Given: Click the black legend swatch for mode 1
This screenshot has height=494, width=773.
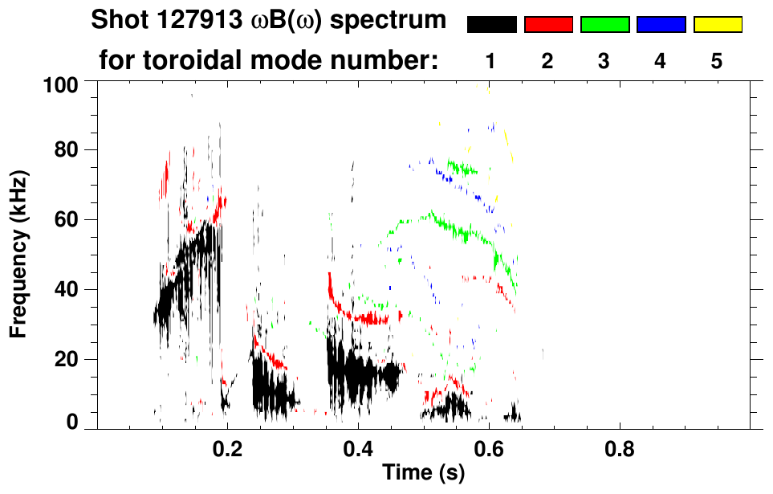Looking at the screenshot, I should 491,25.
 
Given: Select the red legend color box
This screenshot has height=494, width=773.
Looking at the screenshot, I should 548,25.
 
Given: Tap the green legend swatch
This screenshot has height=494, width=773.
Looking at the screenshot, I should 604,25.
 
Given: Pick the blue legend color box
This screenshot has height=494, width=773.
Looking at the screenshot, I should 661,25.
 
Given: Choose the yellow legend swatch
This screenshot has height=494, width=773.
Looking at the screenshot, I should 717,25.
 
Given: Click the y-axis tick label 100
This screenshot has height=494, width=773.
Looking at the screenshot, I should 59,84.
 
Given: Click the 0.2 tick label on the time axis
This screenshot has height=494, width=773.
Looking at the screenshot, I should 227,447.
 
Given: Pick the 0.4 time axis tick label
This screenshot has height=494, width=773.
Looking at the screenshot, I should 358,447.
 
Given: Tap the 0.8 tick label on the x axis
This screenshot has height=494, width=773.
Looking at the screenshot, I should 619,447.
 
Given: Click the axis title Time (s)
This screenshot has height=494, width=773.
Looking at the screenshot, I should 423,473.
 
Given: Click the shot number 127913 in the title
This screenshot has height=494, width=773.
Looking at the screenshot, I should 194,21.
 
